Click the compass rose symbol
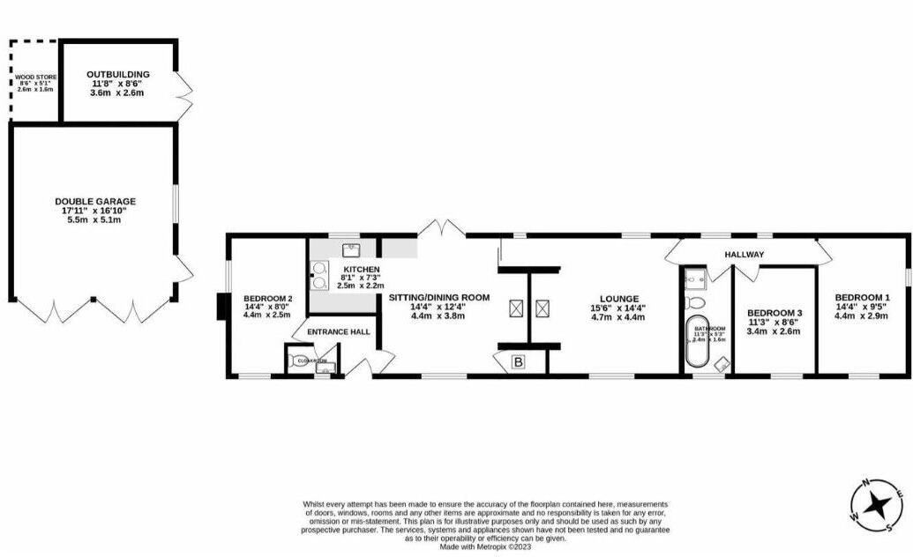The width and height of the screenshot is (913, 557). tap(877, 505)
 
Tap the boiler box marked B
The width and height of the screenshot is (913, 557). tap(518, 361)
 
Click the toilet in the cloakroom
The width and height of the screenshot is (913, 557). tap(296, 361)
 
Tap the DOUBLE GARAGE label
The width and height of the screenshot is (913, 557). tap(95, 202)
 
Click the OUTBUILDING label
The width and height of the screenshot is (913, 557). tap(118, 74)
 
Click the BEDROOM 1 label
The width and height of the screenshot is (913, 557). tap(862, 297)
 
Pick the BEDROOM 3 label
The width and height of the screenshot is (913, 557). tap(775, 313)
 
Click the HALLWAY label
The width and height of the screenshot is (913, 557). tap(744, 255)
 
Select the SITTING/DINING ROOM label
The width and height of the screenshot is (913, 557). tap(438, 298)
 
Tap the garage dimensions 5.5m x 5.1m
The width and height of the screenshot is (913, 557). tap(95, 220)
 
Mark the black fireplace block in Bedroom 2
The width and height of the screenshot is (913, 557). tap(220, 306)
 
